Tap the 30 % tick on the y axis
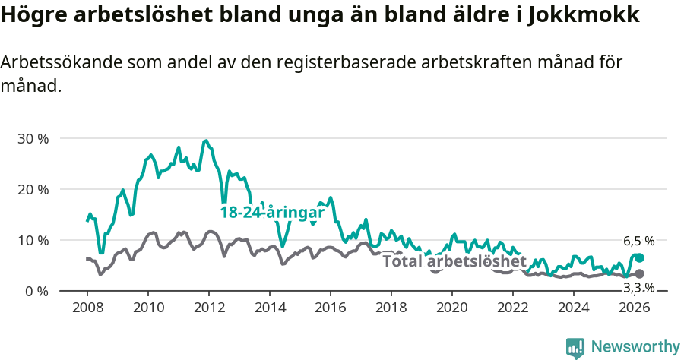[x=33, y=139]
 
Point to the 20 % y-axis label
[x=33, y=189]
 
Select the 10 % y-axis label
[x=33, y=240]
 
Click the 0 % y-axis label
[x=36, y=291]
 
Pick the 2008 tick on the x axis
[x=87, y=308]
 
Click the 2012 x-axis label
[x=208, y=308]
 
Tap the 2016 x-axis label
[x=331, y=308]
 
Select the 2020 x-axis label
[x=452, y=308]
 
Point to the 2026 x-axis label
[x=635, y=308]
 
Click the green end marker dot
[x=639, y=258]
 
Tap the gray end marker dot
[x=639, y=273]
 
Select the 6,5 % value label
[x=638, y=242]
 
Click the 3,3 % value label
[x=638, y=288]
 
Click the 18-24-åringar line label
[x=272, y=213]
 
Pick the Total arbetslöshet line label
[x=454, y=262]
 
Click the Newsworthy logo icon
[x=575, y=348]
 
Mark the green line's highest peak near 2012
[x=205, y=141]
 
